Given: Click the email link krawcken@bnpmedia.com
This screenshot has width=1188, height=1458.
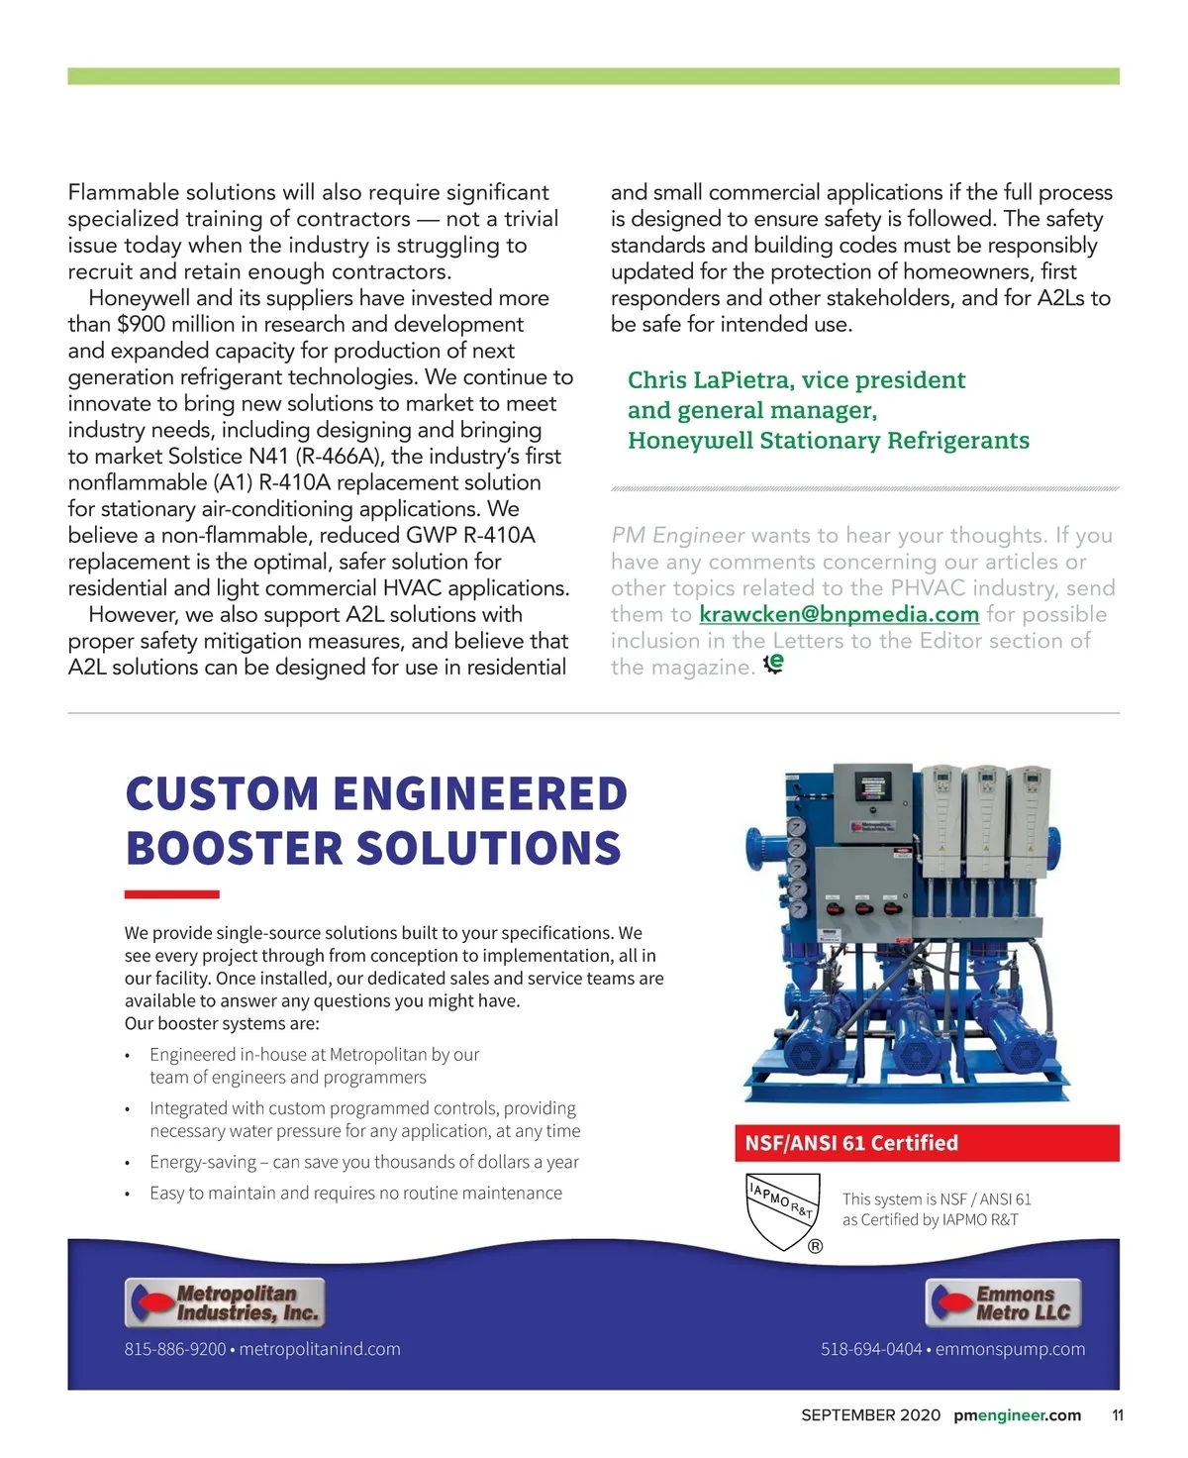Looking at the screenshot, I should point(839,614).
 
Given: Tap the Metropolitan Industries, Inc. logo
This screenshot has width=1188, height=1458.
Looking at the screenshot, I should point(226,1302).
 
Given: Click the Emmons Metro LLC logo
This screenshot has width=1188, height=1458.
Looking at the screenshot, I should point(1004,1302).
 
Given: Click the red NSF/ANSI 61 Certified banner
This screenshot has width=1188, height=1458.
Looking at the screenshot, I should point(926,1143).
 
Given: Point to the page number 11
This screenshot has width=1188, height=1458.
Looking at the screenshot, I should point(1117,1415).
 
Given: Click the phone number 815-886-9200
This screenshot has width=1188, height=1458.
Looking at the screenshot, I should point(175,1349).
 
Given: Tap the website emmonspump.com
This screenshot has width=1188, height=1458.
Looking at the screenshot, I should point(1010,1349).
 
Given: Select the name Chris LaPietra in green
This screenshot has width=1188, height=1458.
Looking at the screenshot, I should point(710,380).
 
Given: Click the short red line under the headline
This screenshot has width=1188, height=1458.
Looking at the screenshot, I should point(171,894).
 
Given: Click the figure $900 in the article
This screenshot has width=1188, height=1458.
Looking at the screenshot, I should point(142,324).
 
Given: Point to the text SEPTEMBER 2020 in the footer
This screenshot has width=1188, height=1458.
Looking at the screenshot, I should point(870,1415).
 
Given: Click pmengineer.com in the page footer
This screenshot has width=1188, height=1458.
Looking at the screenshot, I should point(1017,1415).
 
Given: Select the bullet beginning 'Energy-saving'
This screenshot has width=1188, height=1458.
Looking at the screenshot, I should point(363,1162).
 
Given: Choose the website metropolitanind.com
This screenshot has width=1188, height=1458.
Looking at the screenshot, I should point(320,1349).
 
